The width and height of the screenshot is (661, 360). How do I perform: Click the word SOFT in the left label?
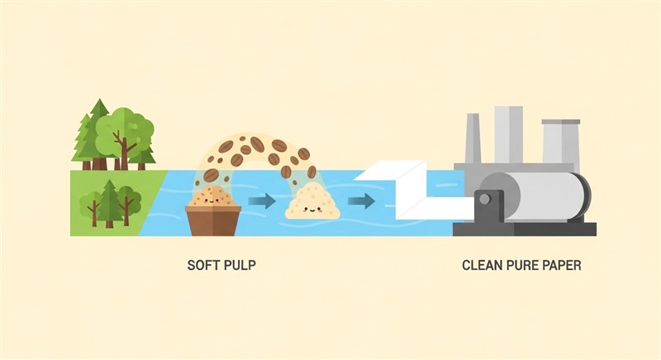(202, 265)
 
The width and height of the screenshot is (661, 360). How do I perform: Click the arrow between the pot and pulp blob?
(262, 201)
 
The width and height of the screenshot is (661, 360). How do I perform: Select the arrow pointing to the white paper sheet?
(361, 201)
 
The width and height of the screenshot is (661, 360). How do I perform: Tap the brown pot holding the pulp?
(213, 220)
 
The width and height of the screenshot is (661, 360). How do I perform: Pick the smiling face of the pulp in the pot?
(212, 200)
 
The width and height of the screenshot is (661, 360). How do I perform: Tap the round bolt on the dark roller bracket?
(485, 199)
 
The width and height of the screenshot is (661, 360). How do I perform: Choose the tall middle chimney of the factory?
(509, 135)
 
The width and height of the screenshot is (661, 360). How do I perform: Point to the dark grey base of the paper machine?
(525, 230)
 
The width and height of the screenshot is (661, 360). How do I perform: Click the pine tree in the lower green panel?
(110, 203)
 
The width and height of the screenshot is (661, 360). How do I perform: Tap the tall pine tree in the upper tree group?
(97, 134)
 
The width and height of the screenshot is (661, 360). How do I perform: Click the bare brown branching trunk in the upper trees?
(123, 150)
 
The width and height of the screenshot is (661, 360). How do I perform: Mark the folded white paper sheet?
(413, 192)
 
